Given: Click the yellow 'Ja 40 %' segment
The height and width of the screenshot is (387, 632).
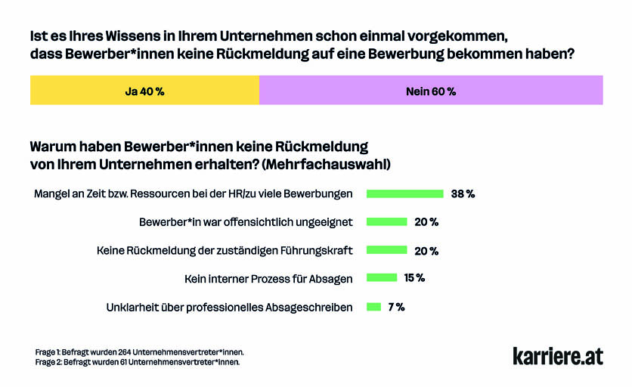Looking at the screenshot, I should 144,91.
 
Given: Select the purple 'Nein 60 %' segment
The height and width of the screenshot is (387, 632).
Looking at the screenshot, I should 431,91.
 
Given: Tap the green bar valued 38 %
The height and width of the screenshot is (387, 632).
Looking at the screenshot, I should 404,193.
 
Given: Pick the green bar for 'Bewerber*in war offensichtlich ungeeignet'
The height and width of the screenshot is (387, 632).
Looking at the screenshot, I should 386,222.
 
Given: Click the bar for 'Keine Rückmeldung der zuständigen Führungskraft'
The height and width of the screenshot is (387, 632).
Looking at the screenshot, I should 386,250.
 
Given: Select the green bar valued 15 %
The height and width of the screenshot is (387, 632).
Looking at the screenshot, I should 382,278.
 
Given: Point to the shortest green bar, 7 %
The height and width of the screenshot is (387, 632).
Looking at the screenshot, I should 373,307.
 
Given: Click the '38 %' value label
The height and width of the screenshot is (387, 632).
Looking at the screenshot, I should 463,193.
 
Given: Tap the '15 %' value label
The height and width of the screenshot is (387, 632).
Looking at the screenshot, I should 414,278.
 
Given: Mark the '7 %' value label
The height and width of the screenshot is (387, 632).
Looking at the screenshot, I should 396,307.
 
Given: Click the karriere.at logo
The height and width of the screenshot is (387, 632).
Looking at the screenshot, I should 558,356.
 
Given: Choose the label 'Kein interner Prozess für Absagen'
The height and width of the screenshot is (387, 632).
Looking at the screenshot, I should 268,279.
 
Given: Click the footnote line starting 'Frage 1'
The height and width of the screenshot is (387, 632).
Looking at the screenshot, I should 140,352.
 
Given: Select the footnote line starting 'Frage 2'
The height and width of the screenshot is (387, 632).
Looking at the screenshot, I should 138,362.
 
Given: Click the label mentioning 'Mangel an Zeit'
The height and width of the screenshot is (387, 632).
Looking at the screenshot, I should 193,194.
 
